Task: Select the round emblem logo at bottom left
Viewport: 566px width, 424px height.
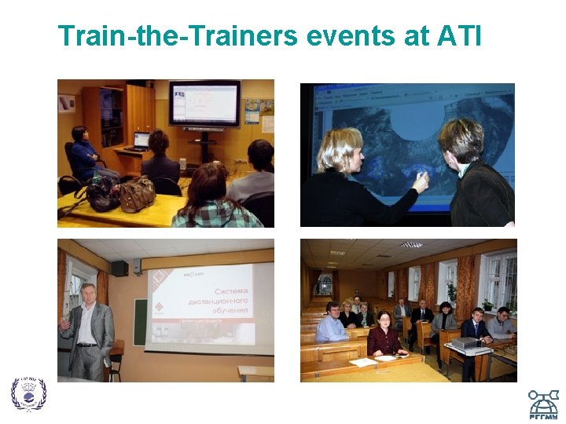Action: click(28, 393)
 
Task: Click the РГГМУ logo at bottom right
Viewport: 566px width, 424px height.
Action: click(542, 404)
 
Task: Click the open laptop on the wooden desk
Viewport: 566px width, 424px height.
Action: click(141, 141)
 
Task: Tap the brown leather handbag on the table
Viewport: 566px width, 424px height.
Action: click(137, 194)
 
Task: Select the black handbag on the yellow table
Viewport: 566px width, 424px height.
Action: click(102, 195)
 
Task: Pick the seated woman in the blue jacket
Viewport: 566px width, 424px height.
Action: click(83, 153)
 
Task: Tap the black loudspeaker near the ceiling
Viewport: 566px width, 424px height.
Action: click(119, 269)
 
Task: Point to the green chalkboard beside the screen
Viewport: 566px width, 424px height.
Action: click(139, 322)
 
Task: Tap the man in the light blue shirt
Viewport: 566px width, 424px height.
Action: click(331, 323)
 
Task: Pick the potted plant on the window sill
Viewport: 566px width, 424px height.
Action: click(451, 294)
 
